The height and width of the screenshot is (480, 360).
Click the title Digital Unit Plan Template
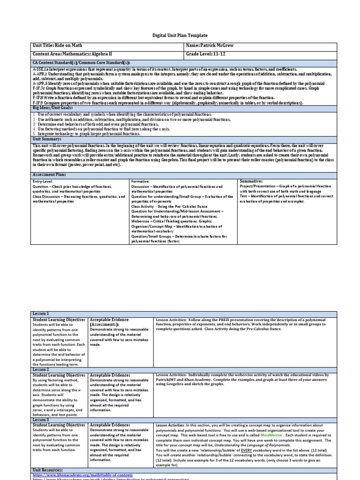click(180, 36)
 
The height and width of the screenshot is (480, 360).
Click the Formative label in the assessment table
click(141, 181)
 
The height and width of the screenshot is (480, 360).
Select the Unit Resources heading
click(47, 469)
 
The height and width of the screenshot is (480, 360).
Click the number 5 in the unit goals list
click(34, 133)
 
